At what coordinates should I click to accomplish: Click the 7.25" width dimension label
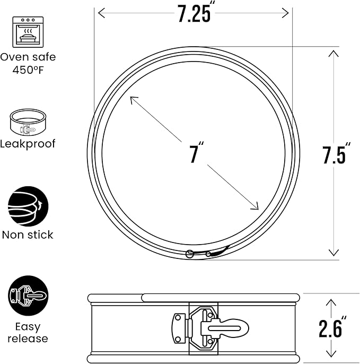point(194,13)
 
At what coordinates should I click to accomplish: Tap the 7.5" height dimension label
point(336,153)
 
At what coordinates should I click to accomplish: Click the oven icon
point(28,32)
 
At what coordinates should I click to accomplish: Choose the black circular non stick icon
point(28,206)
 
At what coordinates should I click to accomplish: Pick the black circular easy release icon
point(28,296)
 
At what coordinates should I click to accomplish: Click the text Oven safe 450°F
point(28,63)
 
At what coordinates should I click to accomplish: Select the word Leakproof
point(28,144)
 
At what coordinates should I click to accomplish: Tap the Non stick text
point(28,235)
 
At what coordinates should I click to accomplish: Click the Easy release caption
point(28,333)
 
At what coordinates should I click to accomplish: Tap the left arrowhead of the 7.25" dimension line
point(100,12)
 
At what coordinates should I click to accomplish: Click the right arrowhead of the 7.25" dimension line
point(288,12)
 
